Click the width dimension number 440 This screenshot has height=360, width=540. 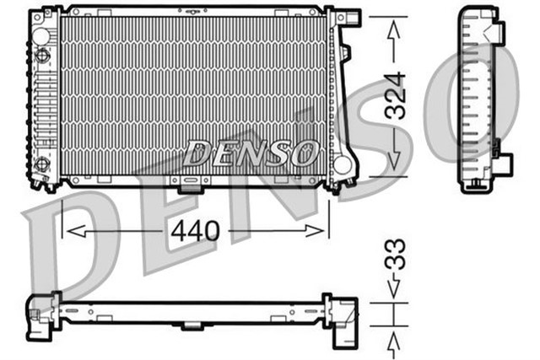197,228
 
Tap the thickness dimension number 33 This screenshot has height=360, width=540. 394,254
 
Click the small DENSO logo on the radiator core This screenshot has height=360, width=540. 251,153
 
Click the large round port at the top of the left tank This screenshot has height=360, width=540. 42,56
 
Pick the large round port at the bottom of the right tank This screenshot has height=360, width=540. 343,164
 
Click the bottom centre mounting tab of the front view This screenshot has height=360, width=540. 191,185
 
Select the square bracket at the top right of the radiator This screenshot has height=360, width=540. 348,19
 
